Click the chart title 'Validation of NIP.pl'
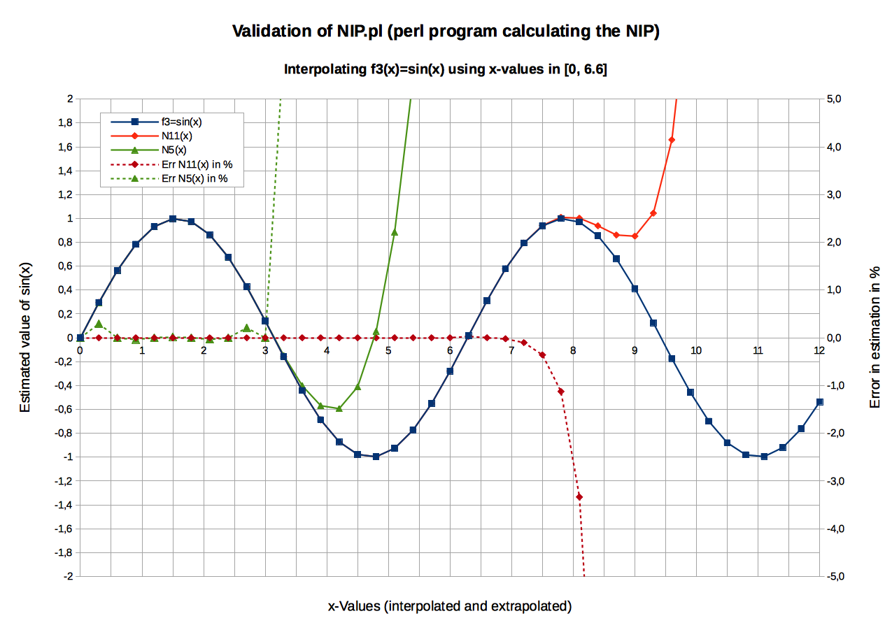click(446, 31)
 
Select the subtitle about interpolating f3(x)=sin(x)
click(446, 70)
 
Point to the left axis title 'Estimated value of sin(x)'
click(26, 337)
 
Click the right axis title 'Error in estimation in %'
click(875, 337)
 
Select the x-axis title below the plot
click(450, 606)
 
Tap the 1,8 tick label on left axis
click(64, 123)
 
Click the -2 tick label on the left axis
click(68, 576)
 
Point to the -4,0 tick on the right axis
click(833, 529)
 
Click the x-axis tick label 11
click(758, 350)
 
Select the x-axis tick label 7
click(511, 350)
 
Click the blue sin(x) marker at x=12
click(820, 402)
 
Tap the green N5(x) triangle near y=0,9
click(395, 232)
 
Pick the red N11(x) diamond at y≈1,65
click(672, 140)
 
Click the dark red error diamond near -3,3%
click(579, 496)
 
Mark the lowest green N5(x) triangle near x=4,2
click(339, 408)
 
